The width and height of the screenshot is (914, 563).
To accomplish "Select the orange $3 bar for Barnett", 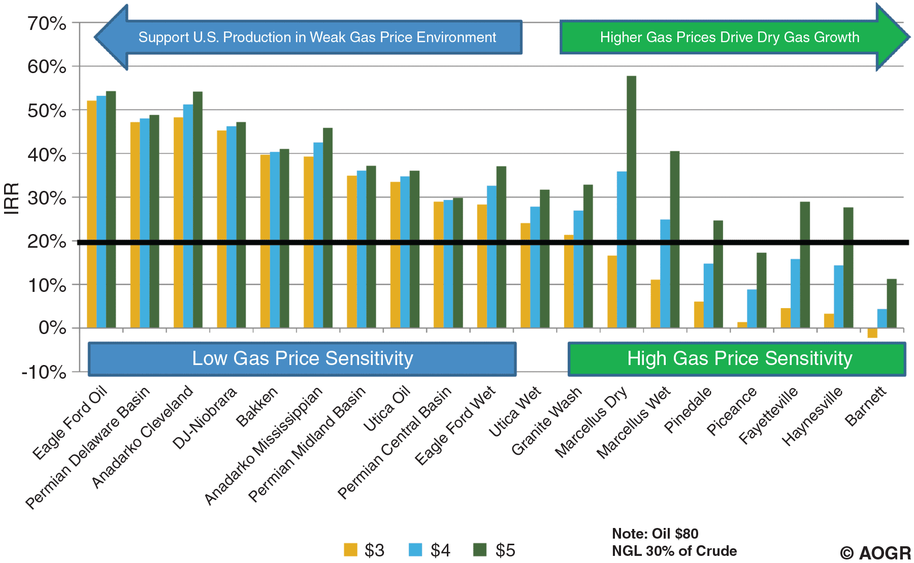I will tap(872, 333).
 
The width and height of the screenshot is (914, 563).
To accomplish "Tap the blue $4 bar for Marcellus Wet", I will tap(665, 274).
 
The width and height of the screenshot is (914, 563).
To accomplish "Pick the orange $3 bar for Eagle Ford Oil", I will tap(92, 214).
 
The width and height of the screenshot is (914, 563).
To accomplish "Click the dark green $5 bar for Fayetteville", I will tap(805, 264).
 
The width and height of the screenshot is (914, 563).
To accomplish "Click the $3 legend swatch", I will tap(350, 550).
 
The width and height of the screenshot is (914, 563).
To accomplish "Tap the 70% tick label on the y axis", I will tap(47, 23).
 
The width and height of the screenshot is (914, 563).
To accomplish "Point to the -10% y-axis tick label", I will tap(44, 372).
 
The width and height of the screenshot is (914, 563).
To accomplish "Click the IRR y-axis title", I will tap(11, 198).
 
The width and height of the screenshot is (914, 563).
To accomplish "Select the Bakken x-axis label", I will tap(257, 407).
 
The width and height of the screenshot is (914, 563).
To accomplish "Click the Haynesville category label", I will tap(812, 416).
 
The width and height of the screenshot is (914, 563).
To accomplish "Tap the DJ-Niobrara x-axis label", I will tap(205, 418).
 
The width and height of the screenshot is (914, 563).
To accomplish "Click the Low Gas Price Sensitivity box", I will tap(302, 359).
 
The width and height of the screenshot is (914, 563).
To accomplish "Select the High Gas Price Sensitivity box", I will tap(737, 359).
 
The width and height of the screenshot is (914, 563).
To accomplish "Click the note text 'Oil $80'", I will tap(675, 534).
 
